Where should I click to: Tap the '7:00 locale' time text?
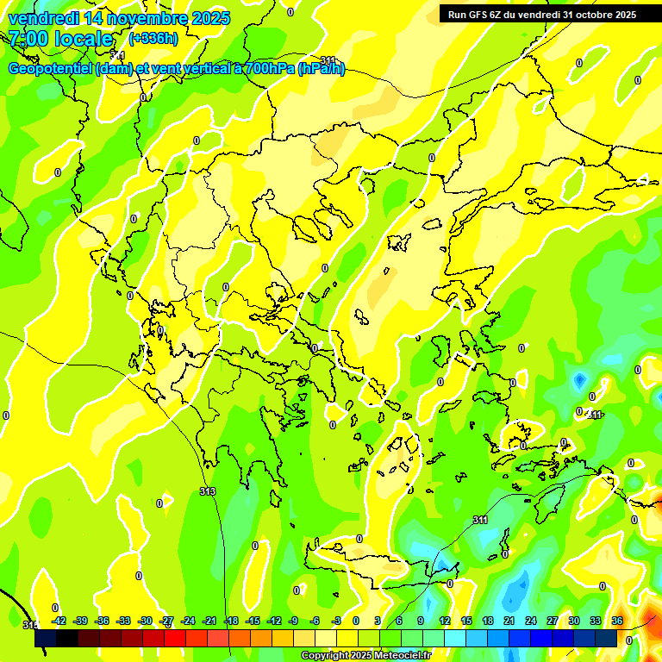coord(60,39)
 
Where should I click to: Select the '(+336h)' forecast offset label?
coord(153,39)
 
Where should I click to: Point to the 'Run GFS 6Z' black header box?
coord(541,14)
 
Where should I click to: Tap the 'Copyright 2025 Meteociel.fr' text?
coord(366,656)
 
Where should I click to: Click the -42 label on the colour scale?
coord(59,621)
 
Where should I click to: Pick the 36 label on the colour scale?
coord(617,621)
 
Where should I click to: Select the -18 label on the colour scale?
coord(231,621)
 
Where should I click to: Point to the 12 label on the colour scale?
coord(445,621)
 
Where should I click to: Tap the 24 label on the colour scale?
coord(531,621)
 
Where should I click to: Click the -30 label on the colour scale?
coord(145,621)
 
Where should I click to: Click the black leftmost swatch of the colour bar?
coord(46,638)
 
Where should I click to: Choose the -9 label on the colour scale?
coord(293,621)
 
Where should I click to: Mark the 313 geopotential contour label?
coord(207,491)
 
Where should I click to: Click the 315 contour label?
coord(29,625)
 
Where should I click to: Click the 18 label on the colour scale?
coord(488,621)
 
